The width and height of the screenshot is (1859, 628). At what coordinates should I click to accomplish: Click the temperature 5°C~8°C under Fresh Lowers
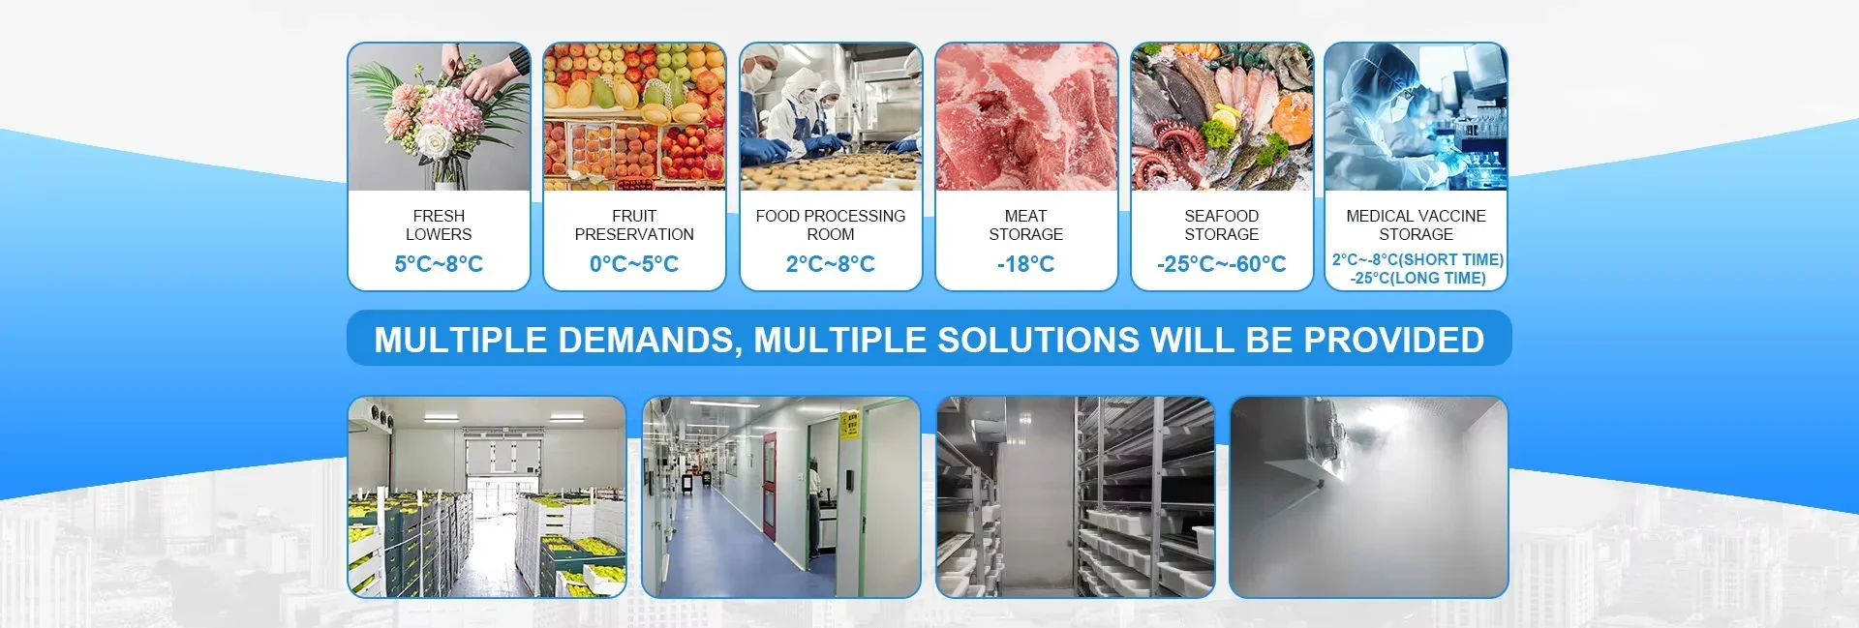pyautogui.click(x=439, y=264)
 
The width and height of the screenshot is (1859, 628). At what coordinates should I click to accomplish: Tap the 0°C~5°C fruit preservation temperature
pyautogui.click(x=634, y=264)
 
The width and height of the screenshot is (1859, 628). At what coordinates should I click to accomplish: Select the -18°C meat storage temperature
pyautogui.click(x=1025, y=264)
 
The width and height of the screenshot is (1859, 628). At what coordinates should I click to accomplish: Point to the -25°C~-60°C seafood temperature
pyautogui.click(x=1221, y=264)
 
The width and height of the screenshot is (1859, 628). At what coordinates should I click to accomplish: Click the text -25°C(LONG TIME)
pyautogui.click(x=1417, y=279)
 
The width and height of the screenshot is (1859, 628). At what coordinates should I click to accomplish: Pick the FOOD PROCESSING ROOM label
pyautogui.click(x=831, y=225)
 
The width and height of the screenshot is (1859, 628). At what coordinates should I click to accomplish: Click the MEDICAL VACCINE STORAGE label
pyautogui.click(x=1416, y=225)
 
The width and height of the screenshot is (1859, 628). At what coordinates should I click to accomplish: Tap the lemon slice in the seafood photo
pyautogui.click(x=1225, y=119)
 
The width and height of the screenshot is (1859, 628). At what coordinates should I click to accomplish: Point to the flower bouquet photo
pyautogui.click(x=439, y=116)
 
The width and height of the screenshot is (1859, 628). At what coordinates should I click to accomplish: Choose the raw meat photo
pyautogui.click(x=1026, y=116)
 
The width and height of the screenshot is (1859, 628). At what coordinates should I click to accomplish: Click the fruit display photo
pyautogui.click(x=634, y=116)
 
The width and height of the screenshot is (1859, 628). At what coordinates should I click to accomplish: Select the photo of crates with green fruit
pyautogui.click(x=487, y=496)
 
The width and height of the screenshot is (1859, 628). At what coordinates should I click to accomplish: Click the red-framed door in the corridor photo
pyautogui.click(x=769, y=487)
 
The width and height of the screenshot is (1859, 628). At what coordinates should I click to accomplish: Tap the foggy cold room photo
pyautogui.click(x=1369, y=496)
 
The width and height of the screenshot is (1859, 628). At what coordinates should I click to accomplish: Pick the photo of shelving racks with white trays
pyautogui.click(x=1075, y=496)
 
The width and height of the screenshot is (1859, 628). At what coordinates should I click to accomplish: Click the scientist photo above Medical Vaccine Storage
pyautogui.click(x=1416, y=116)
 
